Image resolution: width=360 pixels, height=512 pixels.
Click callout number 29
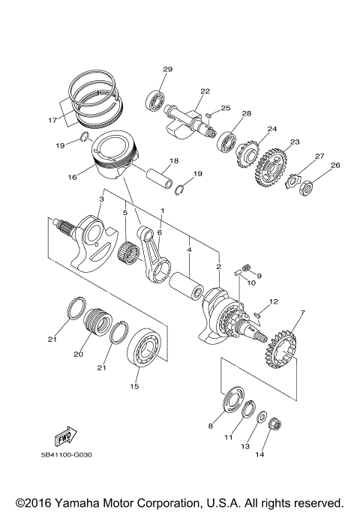click(168, 70)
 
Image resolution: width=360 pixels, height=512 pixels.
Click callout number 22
click(205, 92)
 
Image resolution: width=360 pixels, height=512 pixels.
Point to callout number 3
click(100, 199)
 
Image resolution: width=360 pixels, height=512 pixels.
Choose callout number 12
click(274, 301)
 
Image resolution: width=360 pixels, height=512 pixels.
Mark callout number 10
click(251, 283)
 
